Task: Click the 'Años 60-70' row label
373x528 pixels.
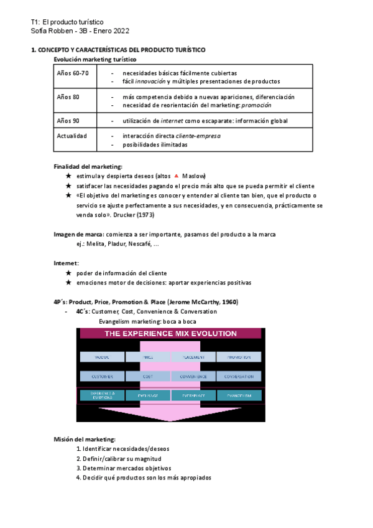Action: pos(73,73)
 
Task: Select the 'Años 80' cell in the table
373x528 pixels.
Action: pos(68,97)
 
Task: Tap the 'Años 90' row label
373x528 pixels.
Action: pos(68,120)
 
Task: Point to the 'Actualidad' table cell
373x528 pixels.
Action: pos(72,136)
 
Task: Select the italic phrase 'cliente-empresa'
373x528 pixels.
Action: pos(198,136)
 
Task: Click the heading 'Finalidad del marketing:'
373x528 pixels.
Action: pos(88,166)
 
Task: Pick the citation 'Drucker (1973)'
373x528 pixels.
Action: pos(134,215)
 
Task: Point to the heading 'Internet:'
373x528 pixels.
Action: pos(67,263)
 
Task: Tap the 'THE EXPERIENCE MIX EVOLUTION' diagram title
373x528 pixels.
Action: pos(170,334)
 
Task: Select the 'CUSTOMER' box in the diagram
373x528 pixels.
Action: pos(102,376)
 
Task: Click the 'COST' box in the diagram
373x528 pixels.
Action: pos(148,376)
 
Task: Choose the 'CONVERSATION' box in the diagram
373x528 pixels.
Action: pos(239,376)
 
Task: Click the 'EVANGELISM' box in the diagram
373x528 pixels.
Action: pos(239,395)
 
